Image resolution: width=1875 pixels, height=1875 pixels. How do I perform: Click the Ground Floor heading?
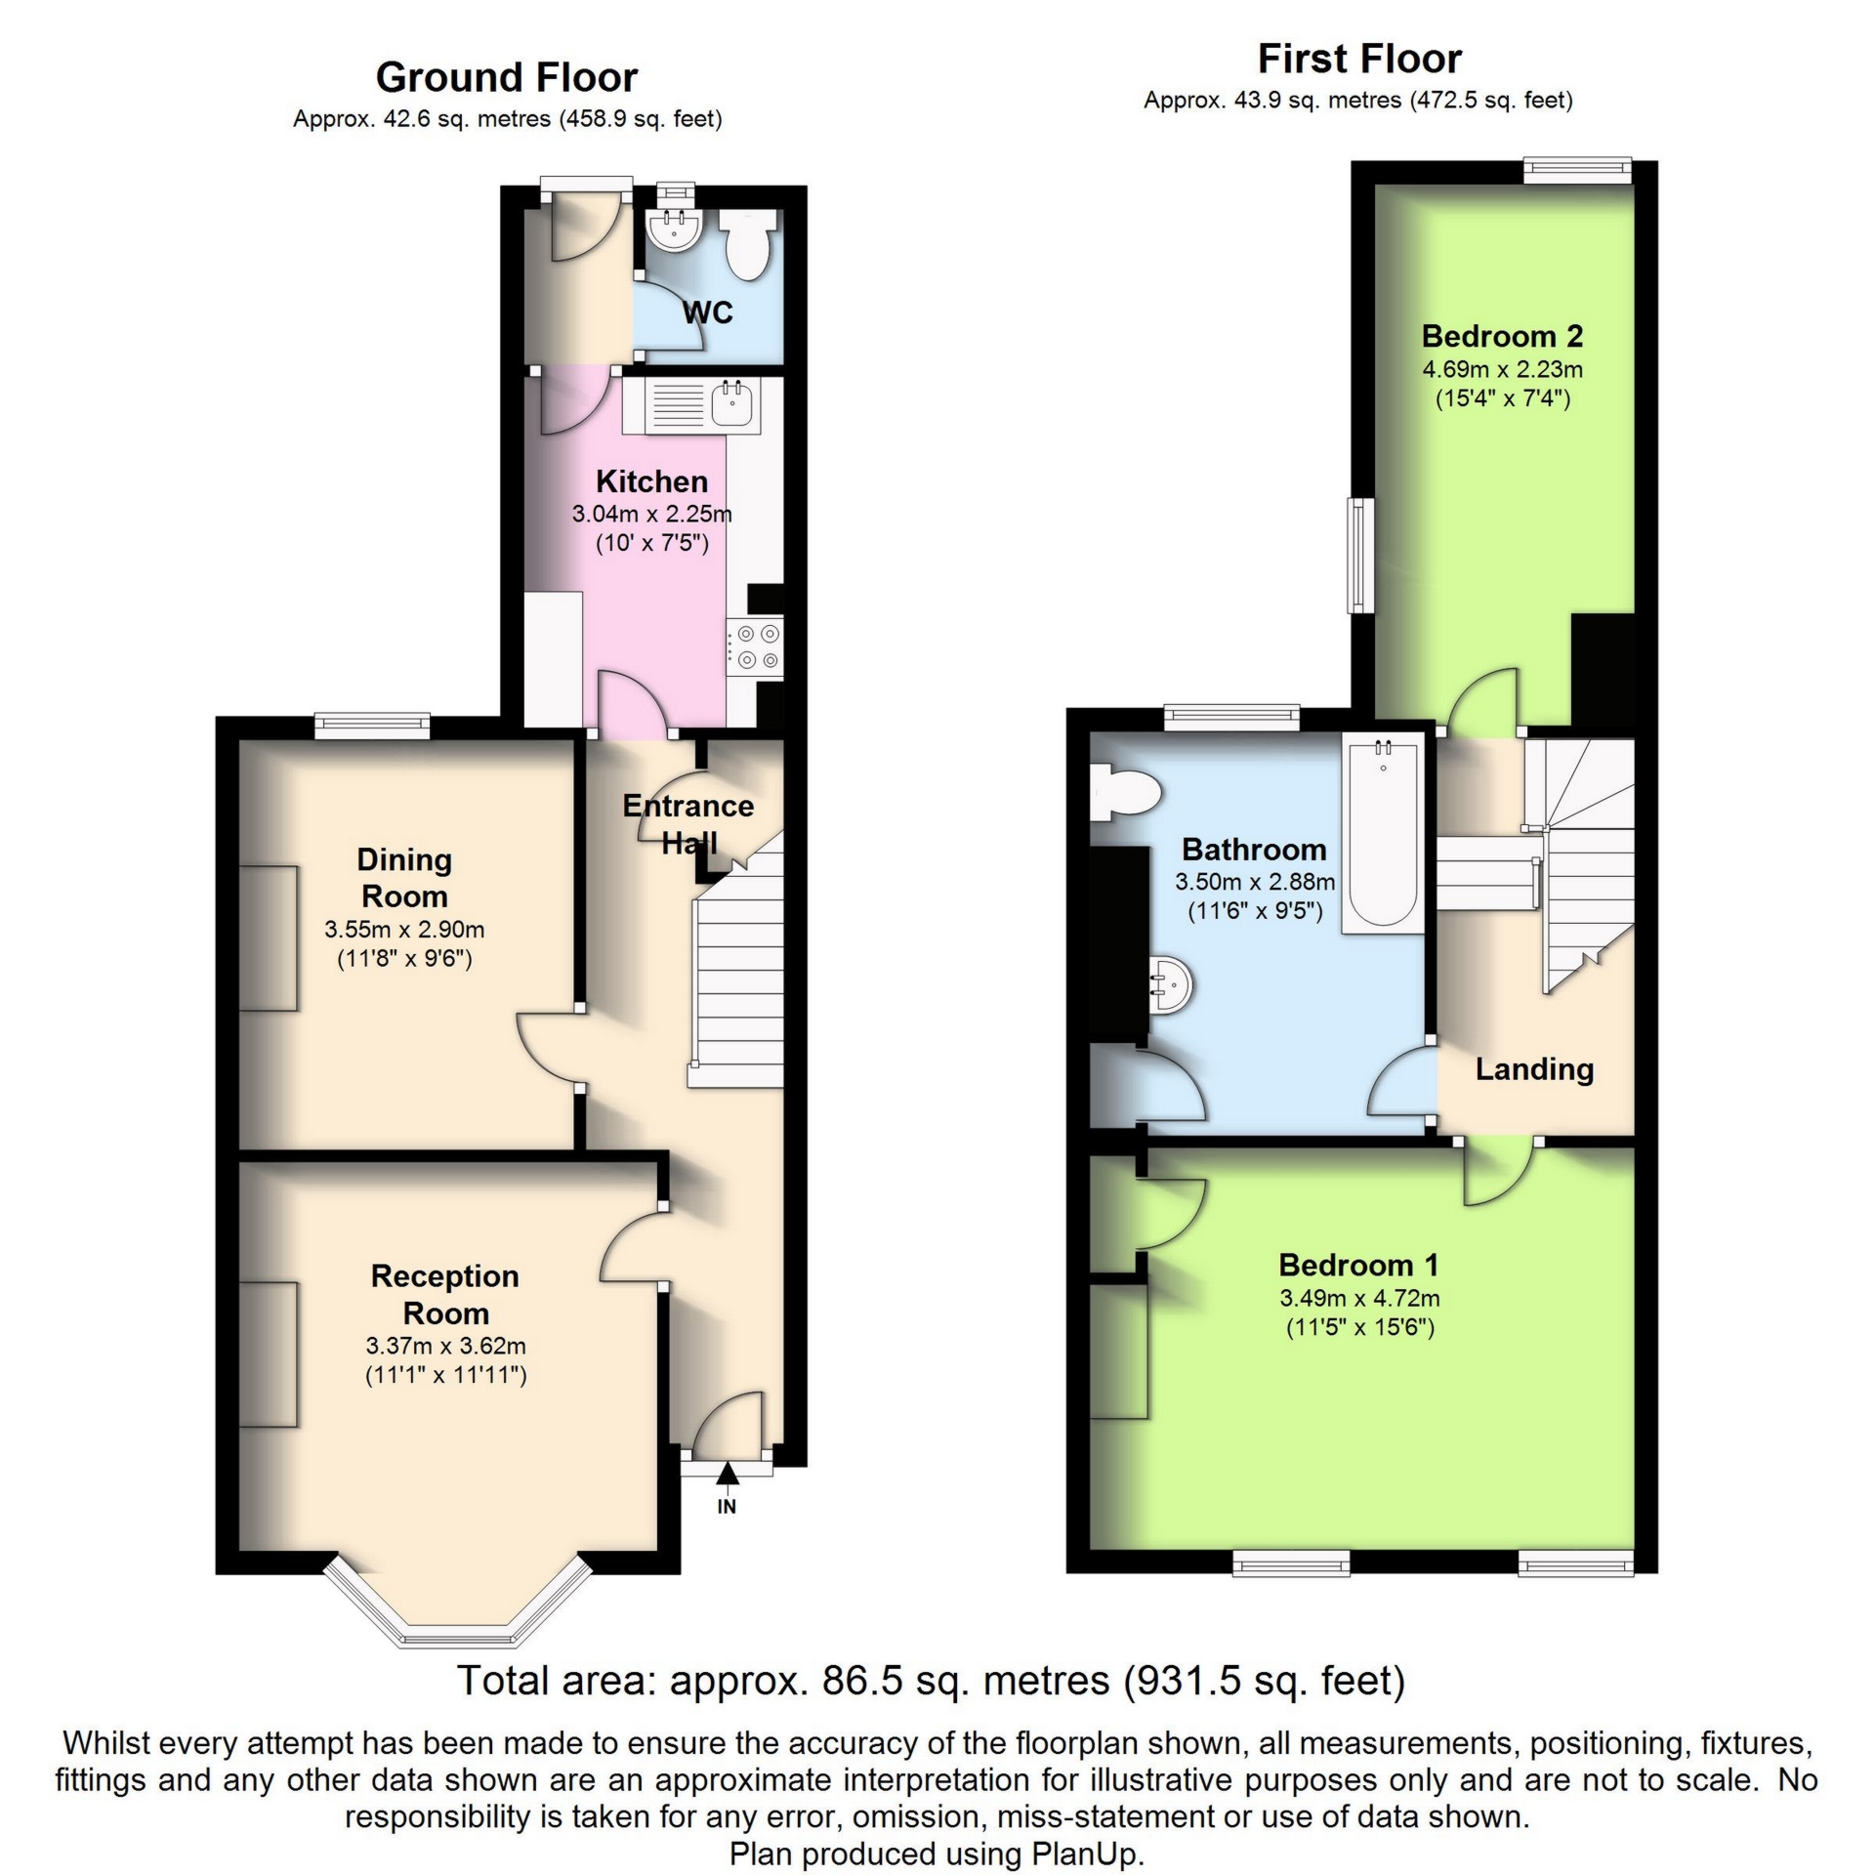click(x=506, y=77)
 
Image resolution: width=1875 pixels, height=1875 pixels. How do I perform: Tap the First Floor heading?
click(x=1358, y=59)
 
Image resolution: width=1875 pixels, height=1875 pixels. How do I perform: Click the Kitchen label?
click(x=651, y=481)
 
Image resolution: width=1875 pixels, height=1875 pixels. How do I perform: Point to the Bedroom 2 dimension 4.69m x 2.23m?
click(x=1502, y=369)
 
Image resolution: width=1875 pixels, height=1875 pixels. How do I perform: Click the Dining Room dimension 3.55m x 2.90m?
click(x=404, y=930)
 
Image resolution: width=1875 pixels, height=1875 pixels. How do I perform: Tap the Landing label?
click(x=1533, y=1068)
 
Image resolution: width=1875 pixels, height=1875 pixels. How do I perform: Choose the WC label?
click(x=707, y=312)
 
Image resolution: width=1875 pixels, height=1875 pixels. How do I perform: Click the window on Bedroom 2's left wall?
click(x=1359, y=555)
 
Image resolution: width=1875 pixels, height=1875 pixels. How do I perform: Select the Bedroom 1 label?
click(x=1358, y=1265)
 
